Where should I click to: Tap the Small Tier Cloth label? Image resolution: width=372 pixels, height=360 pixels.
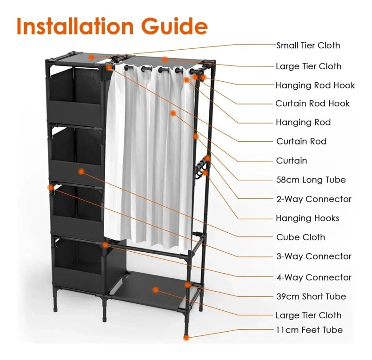click(x=308, y=45)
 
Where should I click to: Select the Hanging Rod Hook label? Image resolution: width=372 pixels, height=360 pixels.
click(x=315, y=85)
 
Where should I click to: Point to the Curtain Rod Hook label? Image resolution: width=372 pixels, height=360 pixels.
click(x=312, y=104)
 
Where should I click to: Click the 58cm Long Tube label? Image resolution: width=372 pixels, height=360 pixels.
click(x=311, y=180)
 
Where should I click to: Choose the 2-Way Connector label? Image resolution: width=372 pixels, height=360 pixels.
click(x=313, y=199)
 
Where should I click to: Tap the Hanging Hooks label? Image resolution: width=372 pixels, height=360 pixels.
click(x=307, y=218)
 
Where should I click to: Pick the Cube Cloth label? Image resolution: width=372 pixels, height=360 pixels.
click(x=300, y=237)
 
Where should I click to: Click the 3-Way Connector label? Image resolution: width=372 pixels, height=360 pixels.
click(x=313, y=256)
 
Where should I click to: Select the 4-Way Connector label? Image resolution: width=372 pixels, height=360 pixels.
click(x=313, y=277)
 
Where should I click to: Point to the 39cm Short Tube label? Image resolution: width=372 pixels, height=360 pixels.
click(x=311, y=296)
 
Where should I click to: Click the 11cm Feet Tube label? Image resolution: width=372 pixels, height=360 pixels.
click(x=309, y=330)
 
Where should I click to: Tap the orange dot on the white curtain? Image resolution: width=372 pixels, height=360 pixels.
click(x=173, y=113)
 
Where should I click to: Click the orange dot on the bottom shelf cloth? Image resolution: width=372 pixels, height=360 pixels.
click(x=155, y=289)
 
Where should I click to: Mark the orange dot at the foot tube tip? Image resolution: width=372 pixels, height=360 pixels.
click(x=186, y=338)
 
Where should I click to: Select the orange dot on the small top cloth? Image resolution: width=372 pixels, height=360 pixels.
click(x=92, y=57)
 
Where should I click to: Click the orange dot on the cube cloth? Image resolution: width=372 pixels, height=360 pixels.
click(x=81, y=171)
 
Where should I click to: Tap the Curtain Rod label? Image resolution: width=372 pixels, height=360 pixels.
click(x=301, y=141)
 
